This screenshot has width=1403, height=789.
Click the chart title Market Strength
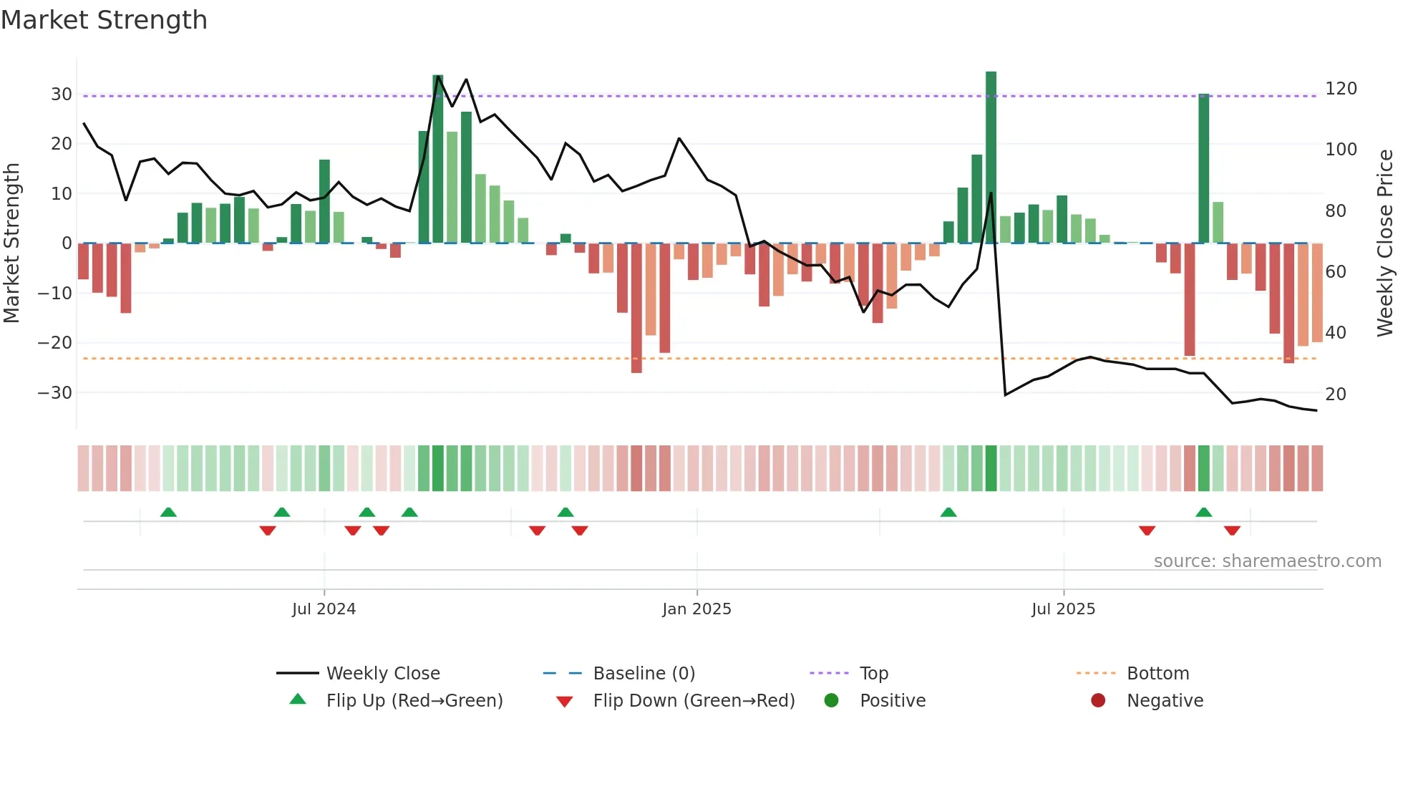(104, 20)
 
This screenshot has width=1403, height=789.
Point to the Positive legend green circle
(831, 700)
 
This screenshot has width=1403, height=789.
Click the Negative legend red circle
(1098, 700)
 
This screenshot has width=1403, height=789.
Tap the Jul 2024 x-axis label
(324, 609)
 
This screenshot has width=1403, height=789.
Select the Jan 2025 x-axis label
(696, 609)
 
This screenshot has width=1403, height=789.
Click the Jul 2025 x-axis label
(1063, 609)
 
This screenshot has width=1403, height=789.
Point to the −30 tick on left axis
(55, 393)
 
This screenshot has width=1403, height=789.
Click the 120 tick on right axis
(1341, 89)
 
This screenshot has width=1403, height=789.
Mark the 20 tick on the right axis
(1336, 394)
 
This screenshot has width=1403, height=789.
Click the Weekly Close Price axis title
(1385, 243)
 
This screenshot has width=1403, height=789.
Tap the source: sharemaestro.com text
(1267, 561)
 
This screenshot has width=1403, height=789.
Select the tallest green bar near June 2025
(991, 158)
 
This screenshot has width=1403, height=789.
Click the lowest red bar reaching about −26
(636, 308)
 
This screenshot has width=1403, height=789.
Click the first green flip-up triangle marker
(168, 512)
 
